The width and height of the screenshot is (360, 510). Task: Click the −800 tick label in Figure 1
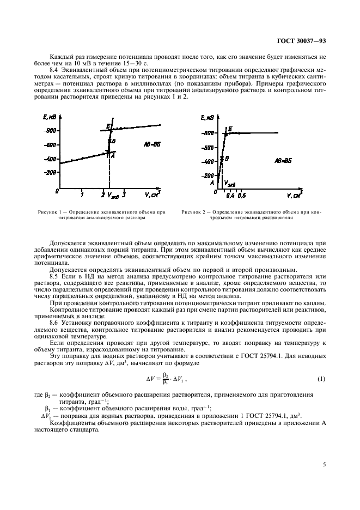tap(50, 131)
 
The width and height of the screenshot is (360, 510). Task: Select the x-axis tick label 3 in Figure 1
tap(125, 195)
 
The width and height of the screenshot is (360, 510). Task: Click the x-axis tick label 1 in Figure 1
tap(82, 195)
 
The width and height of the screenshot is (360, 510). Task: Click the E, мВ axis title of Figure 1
tap(50, 116)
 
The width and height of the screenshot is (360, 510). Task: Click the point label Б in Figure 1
tap(109, 126)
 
